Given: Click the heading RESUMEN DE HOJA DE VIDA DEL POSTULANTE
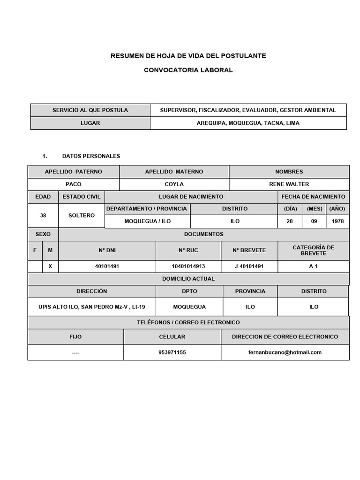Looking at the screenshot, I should [188, 56].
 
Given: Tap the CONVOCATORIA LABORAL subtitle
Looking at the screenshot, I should [188, 70].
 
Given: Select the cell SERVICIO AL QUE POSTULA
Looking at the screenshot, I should [90, 110].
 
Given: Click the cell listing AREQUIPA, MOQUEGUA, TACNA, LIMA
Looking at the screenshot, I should [248, 123].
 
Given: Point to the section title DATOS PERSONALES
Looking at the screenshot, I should [91, 156].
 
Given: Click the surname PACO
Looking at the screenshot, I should [73, 184].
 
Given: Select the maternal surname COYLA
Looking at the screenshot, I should [174, 184].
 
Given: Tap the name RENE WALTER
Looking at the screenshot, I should [289, 184].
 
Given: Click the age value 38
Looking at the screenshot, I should [43, 216].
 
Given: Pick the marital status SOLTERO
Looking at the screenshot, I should [81, 216].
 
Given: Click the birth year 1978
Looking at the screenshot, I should [337, 221].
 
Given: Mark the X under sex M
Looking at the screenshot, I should [50, 266].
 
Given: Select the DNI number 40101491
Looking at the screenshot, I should [108, 266].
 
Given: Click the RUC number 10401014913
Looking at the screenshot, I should [188, 266].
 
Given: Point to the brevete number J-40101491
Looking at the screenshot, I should [249, 266].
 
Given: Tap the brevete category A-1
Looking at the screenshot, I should [313, 266].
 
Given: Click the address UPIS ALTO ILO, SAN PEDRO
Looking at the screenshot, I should [92, 307].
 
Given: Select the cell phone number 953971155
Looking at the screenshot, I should [172, 352].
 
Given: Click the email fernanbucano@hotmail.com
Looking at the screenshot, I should [285, 352].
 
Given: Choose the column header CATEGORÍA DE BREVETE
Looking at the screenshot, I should [313, 250].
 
